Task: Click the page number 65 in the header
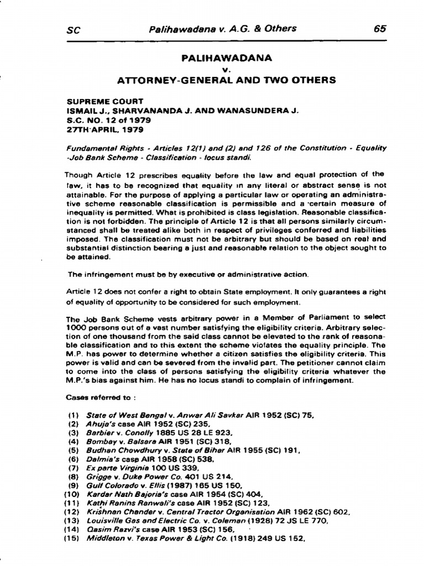click(380, 29)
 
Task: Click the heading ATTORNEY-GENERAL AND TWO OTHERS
click(226, 80)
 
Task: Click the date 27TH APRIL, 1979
click(105, 129)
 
